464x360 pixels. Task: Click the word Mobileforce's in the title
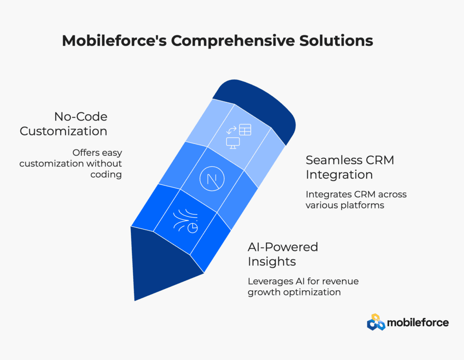point(114,40)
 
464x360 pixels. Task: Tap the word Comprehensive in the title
point(233,41)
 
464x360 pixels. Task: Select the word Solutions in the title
point(336,40)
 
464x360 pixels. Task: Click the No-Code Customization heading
point(63,124)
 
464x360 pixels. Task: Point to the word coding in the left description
point(106,174)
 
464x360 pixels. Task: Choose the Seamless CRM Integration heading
point(350,167)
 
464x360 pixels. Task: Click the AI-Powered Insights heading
point(283,254)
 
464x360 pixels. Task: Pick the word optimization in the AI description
point(312,293)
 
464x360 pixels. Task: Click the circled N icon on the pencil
point(212,179)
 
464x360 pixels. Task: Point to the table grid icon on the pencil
point(245,130)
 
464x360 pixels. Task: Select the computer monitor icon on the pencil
point(233,143)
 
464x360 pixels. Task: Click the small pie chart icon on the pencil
point(193,228)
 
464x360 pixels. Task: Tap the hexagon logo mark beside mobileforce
point(376,322)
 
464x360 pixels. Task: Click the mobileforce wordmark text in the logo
point(418,322)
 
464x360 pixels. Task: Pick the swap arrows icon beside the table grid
point(232,130)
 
